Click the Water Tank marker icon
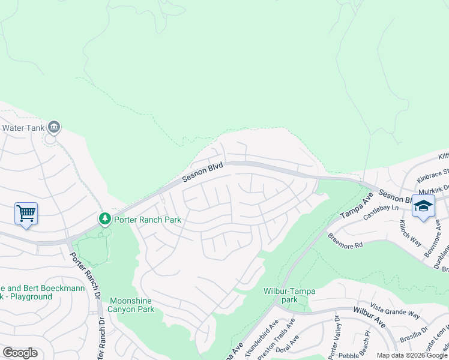(x=54, y=127)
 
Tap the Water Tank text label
(x=23, y=127)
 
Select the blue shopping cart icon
(x=26, y=213)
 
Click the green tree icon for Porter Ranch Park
(x=105, y=219)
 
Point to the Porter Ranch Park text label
(x=148, y=220)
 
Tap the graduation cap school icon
(x=423, y=206)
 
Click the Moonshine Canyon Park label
(x=131, y=305)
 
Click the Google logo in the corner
(x=20, y=353)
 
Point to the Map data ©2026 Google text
(x=411, y=355)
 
